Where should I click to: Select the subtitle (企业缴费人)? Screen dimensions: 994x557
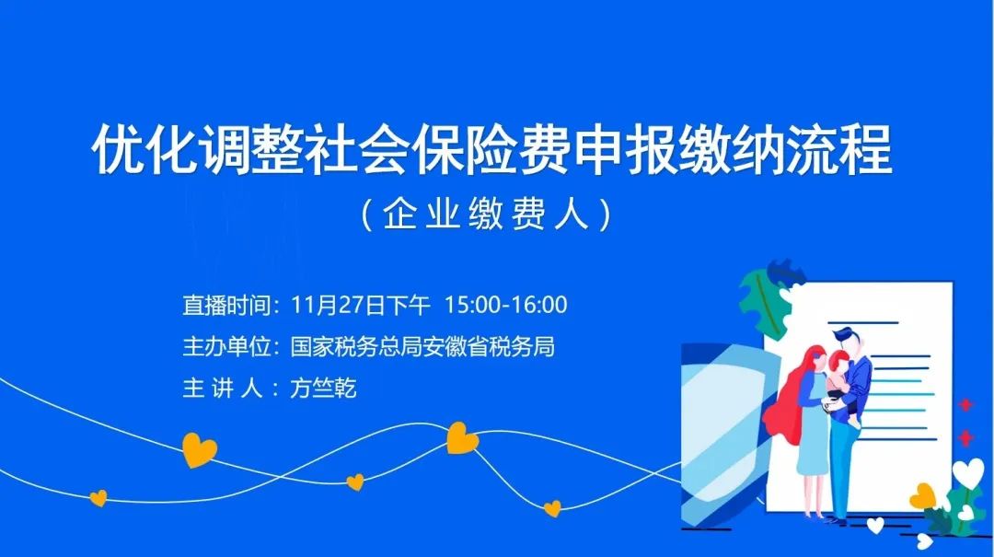(x=486, y=215)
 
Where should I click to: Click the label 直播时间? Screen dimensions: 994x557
(x=226, y=305)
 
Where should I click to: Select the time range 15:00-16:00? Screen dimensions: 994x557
(x=505, y=305)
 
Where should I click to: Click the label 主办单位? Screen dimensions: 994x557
(x=226, y=347)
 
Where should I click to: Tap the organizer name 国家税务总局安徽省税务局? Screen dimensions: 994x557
(x=422, y=347)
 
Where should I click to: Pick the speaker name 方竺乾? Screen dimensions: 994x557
(x=323, y=388)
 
